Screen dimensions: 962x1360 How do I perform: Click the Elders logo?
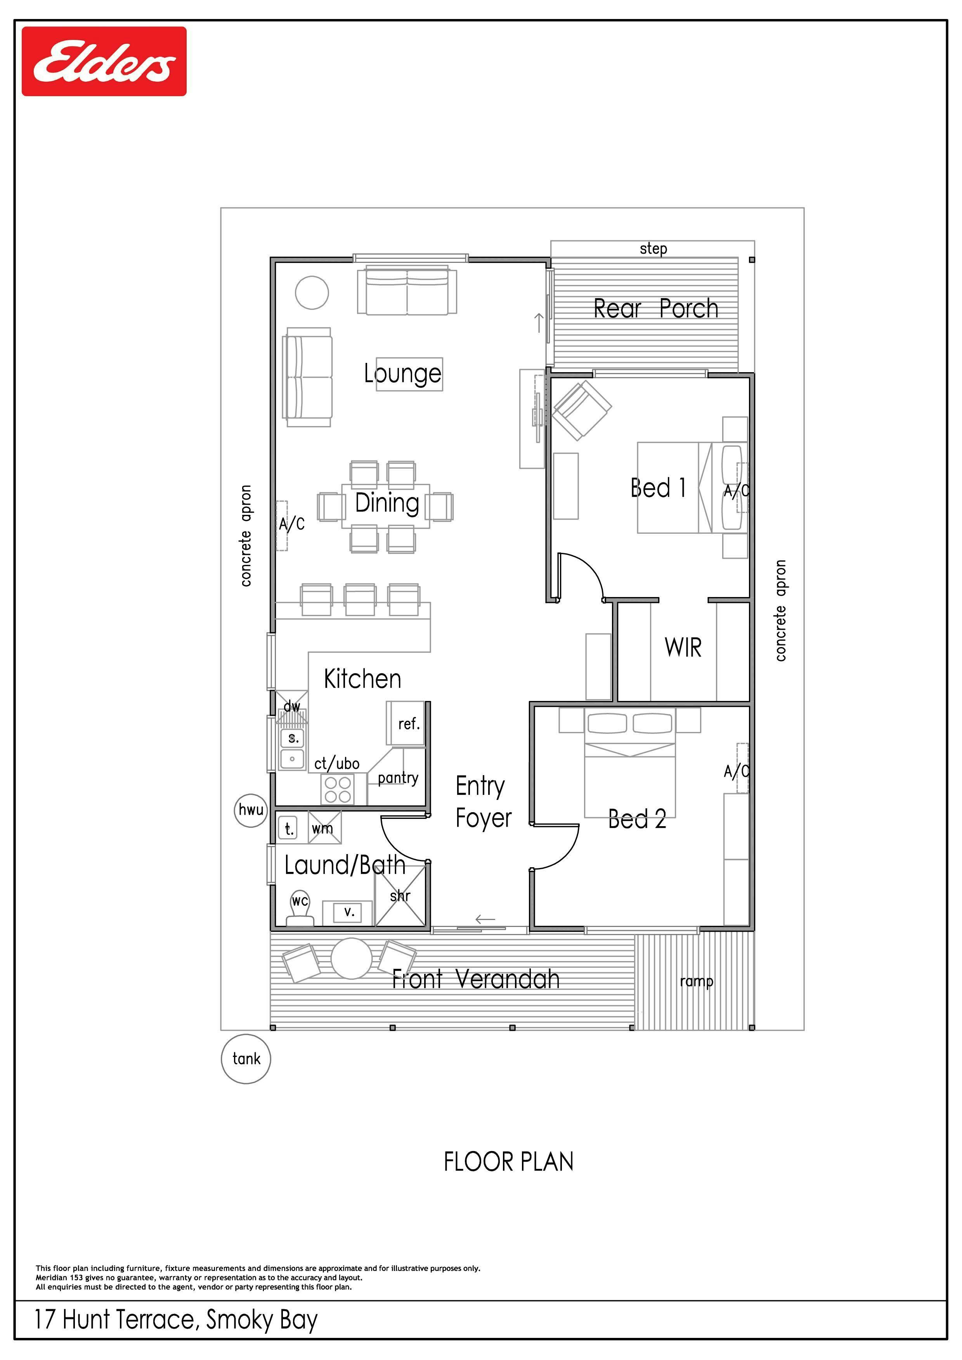click(104, 61)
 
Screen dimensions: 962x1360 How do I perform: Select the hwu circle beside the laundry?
click(251, 810)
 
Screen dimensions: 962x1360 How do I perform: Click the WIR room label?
click(683, 647)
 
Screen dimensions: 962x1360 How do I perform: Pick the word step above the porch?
click(653, 249)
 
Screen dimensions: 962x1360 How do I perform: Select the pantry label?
click(398, 778)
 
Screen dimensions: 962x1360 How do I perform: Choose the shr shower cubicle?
click(400, 896)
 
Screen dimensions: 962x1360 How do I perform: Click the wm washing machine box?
click(324, 827)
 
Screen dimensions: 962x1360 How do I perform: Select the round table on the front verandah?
click(352, 958)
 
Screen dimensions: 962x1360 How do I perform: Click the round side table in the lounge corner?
click(312, 293)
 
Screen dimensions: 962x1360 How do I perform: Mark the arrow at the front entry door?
click(485, 919)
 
